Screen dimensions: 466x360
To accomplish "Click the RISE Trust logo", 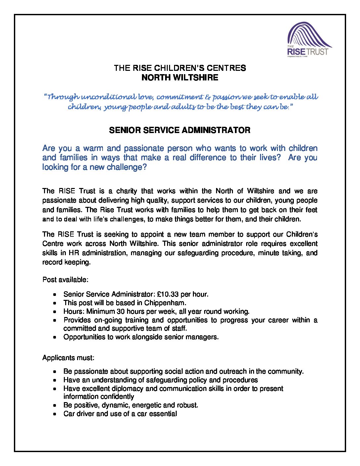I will click(309, 40).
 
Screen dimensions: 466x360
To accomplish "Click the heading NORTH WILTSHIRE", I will click(180, 78).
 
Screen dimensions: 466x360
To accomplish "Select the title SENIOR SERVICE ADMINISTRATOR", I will click(180, 130).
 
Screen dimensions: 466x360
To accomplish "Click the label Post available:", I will click(65, 280).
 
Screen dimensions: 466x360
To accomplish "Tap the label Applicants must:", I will click(68, 358).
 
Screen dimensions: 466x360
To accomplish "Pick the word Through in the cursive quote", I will click(63, 97).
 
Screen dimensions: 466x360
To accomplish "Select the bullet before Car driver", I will click(55, 414).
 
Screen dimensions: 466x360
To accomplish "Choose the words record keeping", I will click(66, 262).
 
